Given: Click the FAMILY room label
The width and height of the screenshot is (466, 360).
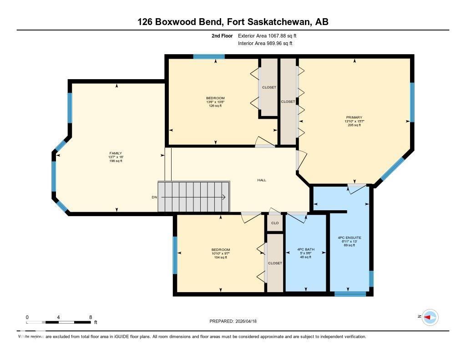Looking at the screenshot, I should pyautogui.click(x=115, y=153).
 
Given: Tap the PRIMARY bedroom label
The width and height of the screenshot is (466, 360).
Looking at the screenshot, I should pyautogui.click(x=354, y=117).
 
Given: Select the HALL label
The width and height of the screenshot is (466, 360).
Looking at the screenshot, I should pyautogui.click(x=262, y=180).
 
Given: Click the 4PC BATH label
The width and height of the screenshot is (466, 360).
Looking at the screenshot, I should pyautogui.click(x=305, y=249).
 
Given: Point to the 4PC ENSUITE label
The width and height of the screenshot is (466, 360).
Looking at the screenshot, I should pyautogui.click(x=349, y=238).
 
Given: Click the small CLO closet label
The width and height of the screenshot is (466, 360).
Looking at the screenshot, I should pyautogui.click(x=275, y=223).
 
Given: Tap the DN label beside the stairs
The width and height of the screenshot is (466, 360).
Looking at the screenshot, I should pyautogui.click(x=154, y=197).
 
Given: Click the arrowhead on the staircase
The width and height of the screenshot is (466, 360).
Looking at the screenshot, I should pyautogui.click(x=224, y=197).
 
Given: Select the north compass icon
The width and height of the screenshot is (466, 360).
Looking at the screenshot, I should pyautogui.click(x=430, y=317).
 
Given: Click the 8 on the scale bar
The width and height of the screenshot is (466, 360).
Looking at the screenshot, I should pyautogui.click(x=91, y=317).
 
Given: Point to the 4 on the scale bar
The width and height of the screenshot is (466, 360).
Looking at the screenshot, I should pyautogui.click(x=59, y=317).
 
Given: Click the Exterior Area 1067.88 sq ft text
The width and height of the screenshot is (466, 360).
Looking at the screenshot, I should pyautogui.click(x=268, y=35).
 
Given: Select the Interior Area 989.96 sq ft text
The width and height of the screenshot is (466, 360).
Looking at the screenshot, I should pyautogui.click(x=265, y=44).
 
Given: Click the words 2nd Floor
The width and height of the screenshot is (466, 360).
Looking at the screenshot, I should pyautogui.click(x=222, y=35).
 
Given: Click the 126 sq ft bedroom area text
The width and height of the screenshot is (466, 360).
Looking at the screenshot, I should pyautogui.click(x=215, y=106).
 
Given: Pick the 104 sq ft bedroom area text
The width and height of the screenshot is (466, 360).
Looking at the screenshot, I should pyautogui.click(x=220, y=258).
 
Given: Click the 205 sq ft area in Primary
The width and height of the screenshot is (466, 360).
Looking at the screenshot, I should pyautogui.click(x=354, y=125).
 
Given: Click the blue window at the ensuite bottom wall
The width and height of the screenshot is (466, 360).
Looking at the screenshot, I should pyautogui.click(x=350, y=294).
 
